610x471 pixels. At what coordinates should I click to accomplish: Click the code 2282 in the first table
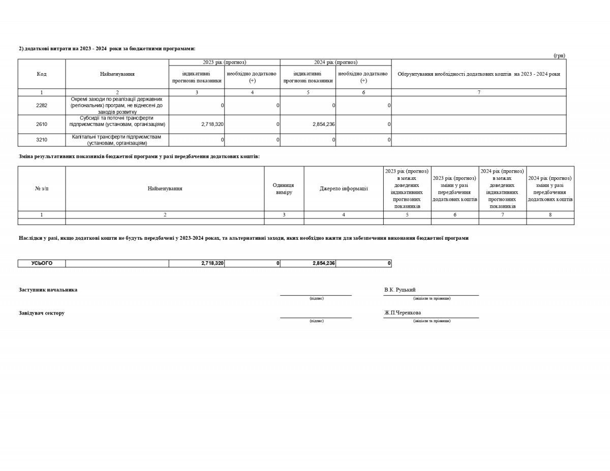point(42,105)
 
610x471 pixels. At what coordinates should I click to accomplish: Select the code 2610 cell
point(42,124)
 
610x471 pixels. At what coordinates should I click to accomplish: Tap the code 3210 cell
point(42,140)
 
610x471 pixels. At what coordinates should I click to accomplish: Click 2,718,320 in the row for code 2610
point(212,124)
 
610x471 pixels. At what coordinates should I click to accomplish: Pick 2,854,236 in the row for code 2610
point(323,124)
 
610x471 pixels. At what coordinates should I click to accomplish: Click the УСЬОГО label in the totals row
point(42,263)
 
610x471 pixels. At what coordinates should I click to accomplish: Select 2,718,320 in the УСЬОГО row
point(212,263)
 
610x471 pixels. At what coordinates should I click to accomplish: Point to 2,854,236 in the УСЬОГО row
point(323,263)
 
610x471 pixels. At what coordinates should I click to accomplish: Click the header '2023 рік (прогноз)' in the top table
point(224,62)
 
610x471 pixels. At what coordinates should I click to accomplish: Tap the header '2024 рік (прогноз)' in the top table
point(335,62)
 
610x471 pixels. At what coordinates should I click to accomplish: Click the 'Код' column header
point(42,74)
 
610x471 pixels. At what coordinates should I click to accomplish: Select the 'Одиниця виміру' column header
point(284,189)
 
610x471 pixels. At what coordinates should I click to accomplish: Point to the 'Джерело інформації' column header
point(344,189)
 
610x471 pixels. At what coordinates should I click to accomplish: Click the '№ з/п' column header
point(42,189)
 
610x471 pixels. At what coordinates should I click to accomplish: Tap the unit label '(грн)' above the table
point(559,55)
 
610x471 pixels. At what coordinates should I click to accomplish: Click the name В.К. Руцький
point(400,290)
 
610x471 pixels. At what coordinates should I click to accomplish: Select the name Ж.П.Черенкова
point(403,312)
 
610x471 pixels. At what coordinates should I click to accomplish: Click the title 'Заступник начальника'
point(48,290)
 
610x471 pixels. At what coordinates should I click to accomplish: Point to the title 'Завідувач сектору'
point(42,313)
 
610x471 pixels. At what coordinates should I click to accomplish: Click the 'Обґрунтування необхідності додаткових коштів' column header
point(478,74)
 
